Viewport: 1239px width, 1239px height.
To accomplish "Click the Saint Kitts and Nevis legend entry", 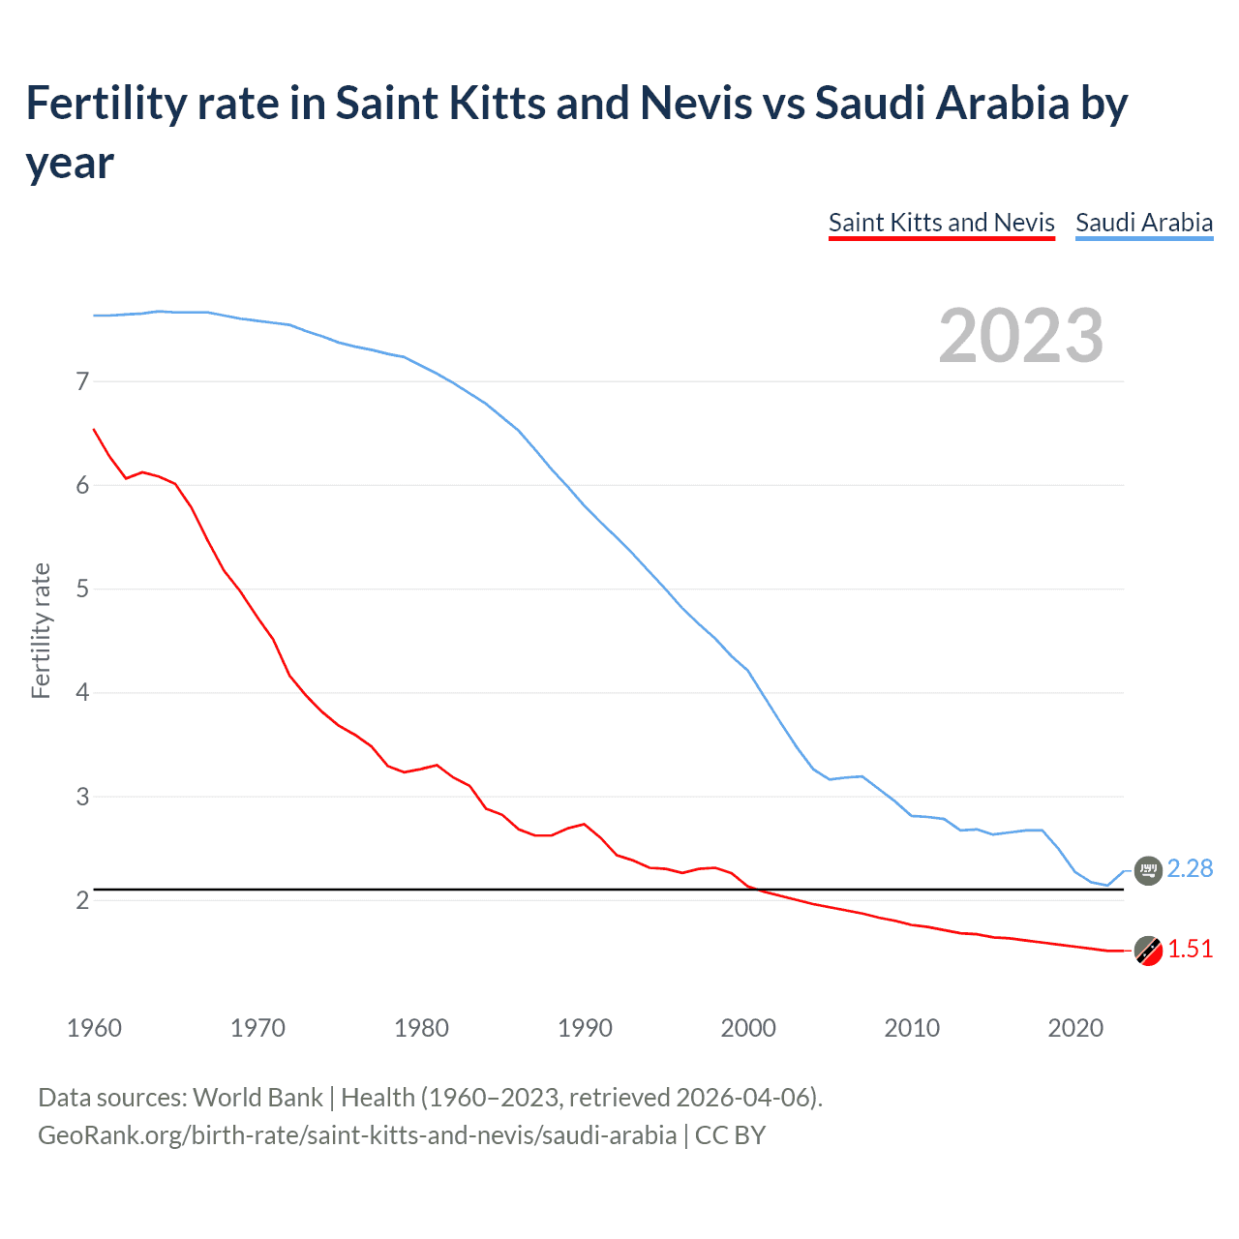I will pyautogui.click(x=941, y=223).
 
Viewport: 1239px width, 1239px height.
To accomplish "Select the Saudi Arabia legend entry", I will pyautogui.click(x=1143, y=223).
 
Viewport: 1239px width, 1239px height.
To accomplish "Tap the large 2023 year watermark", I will pyautogui.click(x=1020, y=336).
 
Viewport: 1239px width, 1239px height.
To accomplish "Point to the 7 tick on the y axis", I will pyautogui.click(x=82, y=381).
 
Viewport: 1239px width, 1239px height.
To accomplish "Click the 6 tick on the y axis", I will pyautogui.click(x=82, y=485).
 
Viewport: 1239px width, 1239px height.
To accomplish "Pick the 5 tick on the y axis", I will pyautogui.click(x=82, y=589).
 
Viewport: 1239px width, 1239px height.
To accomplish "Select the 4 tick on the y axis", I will pyautogui.click(x=82, y=692).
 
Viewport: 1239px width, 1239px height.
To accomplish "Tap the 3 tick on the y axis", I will pyautogui.click(x=82, y=797).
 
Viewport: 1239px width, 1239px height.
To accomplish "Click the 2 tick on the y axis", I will pyautogui.click(x=82, y=900).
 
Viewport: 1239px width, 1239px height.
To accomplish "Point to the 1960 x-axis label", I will pyautogui.click(x=94, y=1028).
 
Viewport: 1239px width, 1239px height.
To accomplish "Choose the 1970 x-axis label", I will pyautogui.click(x=257, y=1028).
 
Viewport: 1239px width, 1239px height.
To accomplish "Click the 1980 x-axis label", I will pyautogui.click(x=421, y=1028).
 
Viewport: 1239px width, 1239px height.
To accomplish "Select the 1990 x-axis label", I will pyautogui.click(x=585, y=1028).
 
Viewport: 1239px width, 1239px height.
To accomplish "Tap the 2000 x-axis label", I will pyautogui.click(x=748, y=1028).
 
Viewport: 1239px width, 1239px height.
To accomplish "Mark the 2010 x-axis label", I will pyautogui.click(x=912, y=1028).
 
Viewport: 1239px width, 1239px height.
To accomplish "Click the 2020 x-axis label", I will pyautogui.click(x=1075, y=1028).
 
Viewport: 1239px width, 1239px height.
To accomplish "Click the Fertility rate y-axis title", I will pyautogui.click(x=41, y=630).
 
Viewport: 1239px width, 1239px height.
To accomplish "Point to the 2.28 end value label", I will pyautogui.click(x=1190, y=868).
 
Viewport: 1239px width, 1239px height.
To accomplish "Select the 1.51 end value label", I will pyautogui.click(x=1190, y=949).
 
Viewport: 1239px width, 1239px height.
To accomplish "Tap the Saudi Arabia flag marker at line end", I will pyautogui.click(x=1148, y=870).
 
